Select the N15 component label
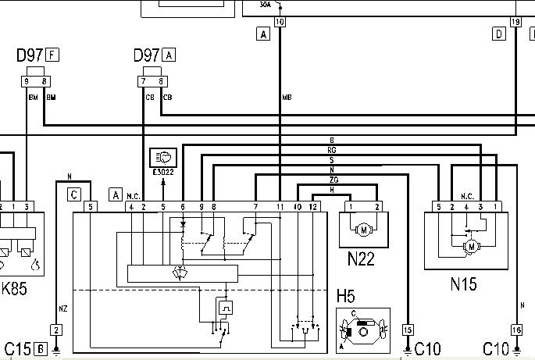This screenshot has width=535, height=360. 463,284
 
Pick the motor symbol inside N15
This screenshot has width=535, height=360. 470,247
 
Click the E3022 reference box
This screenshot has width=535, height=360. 164,159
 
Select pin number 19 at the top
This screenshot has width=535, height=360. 515,22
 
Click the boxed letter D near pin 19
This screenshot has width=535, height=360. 499,34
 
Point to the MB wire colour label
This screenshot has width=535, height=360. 287,97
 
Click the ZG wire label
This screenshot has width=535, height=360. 333,180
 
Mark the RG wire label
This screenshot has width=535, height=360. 332,150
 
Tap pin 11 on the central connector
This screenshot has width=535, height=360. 280,207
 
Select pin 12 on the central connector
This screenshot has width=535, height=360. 312,207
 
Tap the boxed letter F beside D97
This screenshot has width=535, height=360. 52,55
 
